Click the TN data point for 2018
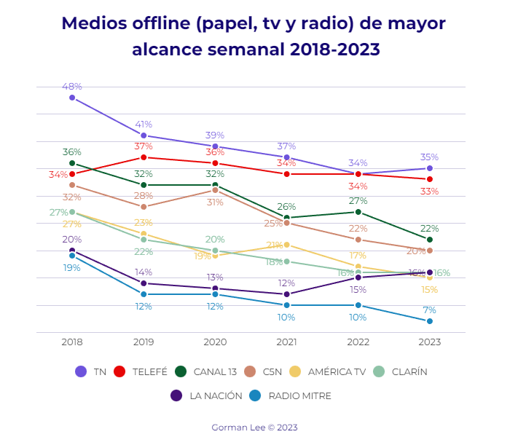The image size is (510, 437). click(x=72, y=98)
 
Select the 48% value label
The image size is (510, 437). click(x=72, y=87)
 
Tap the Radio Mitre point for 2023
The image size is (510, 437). click(x=430, y=321)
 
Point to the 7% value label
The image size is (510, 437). click(x=430, y=310)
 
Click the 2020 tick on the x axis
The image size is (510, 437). click(x=215, y=342)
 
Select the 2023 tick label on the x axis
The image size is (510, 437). click(x=430, y=342)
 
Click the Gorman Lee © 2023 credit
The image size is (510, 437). click(x=254, y=428)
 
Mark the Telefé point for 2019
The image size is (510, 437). click(x=144, y=157)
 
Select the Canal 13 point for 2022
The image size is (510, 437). click(x=358, y=212)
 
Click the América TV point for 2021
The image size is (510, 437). click(x=287, y=245)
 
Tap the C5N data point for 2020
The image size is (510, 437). click(x=215, y=190)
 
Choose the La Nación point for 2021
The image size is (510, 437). click(x=287, y=294)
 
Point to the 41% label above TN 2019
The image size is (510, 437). click(x=144, y=125)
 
